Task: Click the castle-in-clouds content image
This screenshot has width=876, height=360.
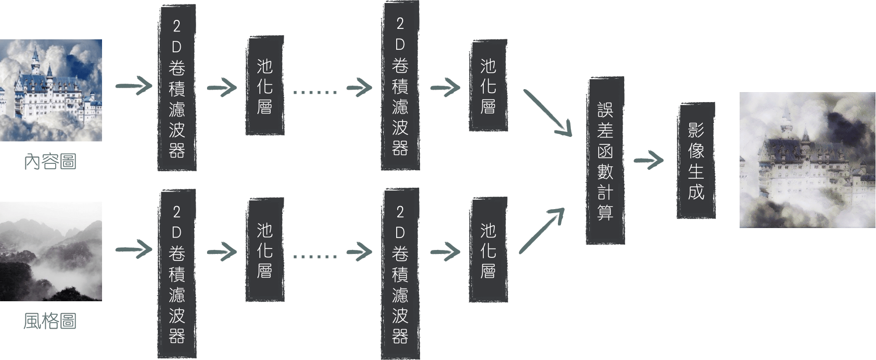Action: click(x=51, y=90)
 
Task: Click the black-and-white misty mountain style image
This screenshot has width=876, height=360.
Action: click(x=51, y=251)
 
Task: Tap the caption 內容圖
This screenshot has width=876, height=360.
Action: click(x=51, y=162)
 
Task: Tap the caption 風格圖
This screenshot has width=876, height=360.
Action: click(x=51, y=321)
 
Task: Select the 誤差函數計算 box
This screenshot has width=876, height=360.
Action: click(x=605, y=161)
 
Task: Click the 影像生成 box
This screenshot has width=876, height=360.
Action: click(x=696, y=160)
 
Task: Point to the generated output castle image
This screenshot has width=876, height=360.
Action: click(x=807, y=160)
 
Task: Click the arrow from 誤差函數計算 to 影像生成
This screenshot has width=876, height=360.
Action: click(x=649, y=161)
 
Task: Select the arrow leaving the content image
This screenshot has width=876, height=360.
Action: click(x=134, y=86)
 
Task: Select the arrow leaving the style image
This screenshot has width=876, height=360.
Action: click(x=134, y=249)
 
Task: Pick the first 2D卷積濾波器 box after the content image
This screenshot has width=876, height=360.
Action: click(x=177, y=88)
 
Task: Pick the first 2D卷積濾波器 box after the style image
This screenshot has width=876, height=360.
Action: click(x=177, y=274)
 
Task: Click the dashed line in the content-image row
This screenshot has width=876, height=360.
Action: click(x=315, y=92)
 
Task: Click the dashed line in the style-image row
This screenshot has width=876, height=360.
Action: click(x=315, y=256)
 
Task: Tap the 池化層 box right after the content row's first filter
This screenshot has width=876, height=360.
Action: click(x=265, y=86)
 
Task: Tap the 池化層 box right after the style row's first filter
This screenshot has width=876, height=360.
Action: click(x=265, y=250)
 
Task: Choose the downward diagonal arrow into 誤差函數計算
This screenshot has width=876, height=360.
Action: click(x=547, y=113)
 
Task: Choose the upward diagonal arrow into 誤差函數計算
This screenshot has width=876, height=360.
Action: click(x=542, y=231)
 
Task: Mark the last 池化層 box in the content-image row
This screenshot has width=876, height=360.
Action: click(x=488, y=86)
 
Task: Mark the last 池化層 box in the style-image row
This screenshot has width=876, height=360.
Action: click(x=488, y=250)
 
